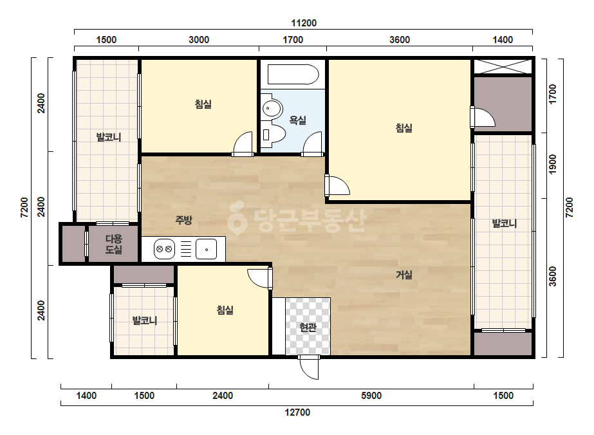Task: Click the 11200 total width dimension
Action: click(x=304, y=23)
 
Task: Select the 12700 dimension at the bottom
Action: click(x=297, y=412)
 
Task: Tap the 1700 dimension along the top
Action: click(x=293, y=40)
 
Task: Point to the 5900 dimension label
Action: click(x=371, y=396)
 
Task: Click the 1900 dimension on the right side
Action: click(x=553, y=165)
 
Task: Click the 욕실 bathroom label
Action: click(x=297, y=120)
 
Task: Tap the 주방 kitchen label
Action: click(x=183, y=220)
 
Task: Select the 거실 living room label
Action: click(x=404, y=275)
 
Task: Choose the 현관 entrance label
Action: click(x=307, y=327)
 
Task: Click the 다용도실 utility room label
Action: click(x=114, y=244)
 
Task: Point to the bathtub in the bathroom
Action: click(x=293, y=75)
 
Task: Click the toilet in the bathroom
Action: click(x=274, y=134)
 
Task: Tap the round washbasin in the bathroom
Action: click(x=272, y=108)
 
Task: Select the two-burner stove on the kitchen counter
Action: click(x=164, y=249)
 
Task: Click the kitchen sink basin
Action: click(x=206, y=249)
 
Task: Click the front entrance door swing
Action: click(x=309, y=367)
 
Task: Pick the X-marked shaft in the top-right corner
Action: click(x=503, y=66)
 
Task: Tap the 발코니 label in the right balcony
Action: click(x=504, y=223)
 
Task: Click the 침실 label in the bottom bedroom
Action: click(x=225, y=310)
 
